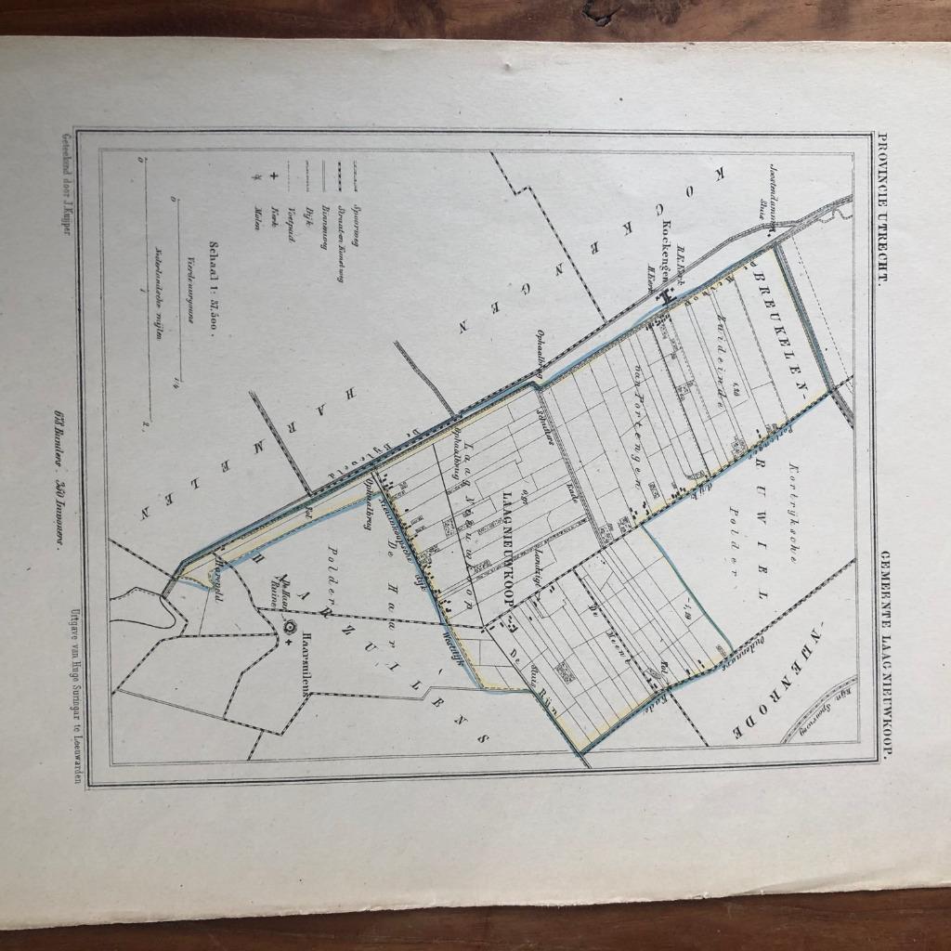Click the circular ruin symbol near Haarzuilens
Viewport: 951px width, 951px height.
(x=289, y=629)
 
